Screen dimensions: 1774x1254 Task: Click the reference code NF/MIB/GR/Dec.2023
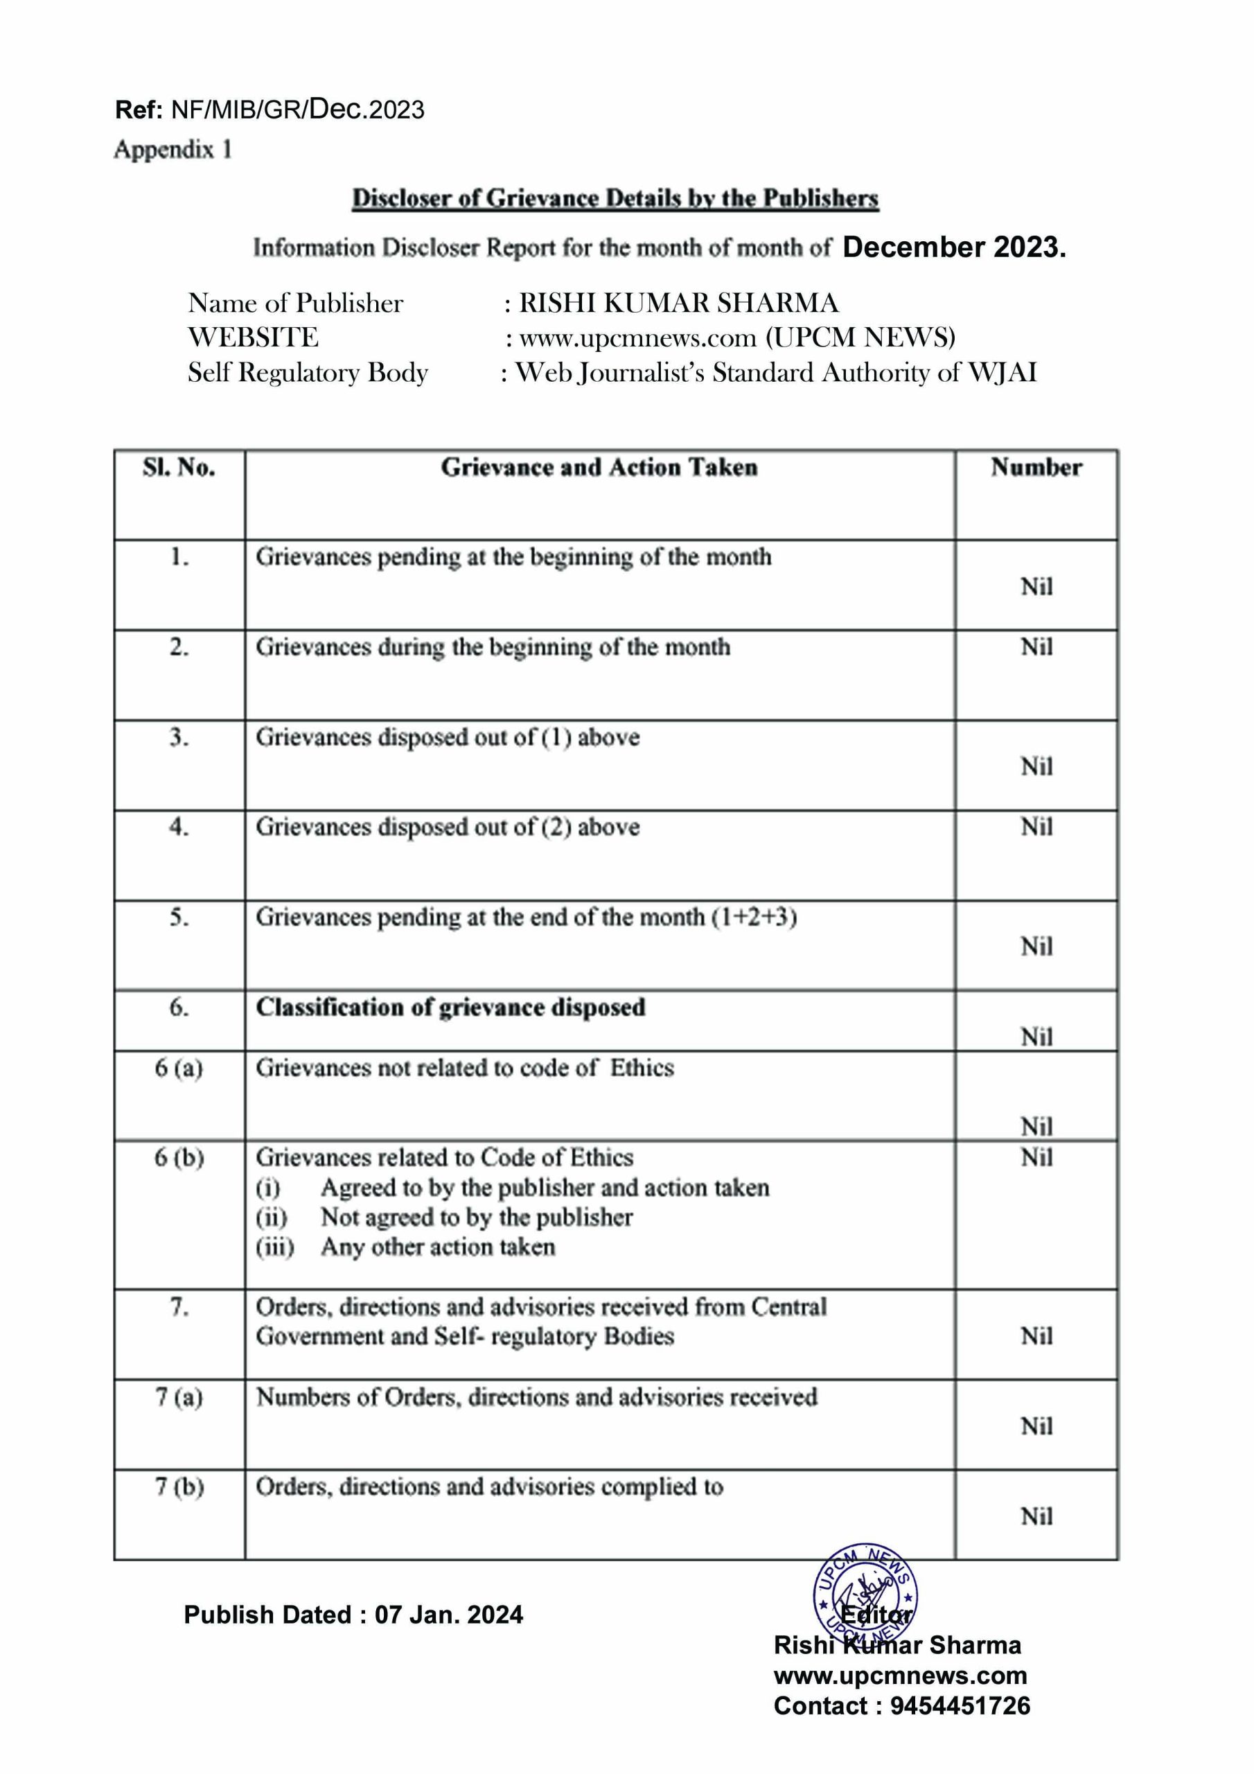(x=297, y=109)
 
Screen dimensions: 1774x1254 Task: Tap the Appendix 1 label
(x=173, y=149)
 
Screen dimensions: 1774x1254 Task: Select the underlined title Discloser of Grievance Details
(x=615, y=199)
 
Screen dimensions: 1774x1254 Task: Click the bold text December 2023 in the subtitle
(x=953, y=247)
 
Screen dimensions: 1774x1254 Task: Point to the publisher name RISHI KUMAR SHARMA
(x=678, y=303)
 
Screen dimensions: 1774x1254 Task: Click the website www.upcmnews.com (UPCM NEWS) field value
(x=737, y=337)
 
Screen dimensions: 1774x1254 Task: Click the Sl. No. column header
(x=179, y=468)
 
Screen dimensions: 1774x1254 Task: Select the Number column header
(x=1036, y=468)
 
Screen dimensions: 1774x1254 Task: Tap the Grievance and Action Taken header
(x=599, y=468)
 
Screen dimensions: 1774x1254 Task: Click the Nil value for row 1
(x=1036, y=586)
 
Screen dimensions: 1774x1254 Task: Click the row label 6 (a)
(x=179, y=1068)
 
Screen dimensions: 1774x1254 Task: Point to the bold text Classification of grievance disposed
(x=450, y=1008)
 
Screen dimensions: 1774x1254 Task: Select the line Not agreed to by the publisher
(x=476, y=1217)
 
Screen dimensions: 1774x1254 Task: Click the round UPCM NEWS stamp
(x=865, y=1597)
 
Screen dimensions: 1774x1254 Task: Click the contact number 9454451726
(x=960, y=1706)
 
